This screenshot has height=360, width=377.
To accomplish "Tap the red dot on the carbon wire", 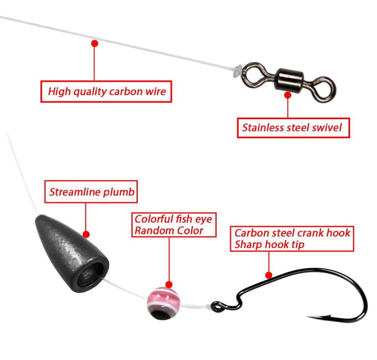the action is tap(94, 43).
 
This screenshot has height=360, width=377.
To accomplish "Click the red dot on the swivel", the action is tap(288, 95).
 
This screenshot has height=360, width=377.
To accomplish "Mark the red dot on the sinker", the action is tap(86, 235).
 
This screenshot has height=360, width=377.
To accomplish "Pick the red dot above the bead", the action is tap(169, 285).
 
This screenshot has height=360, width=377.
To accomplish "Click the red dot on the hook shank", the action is tap(269, 275).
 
